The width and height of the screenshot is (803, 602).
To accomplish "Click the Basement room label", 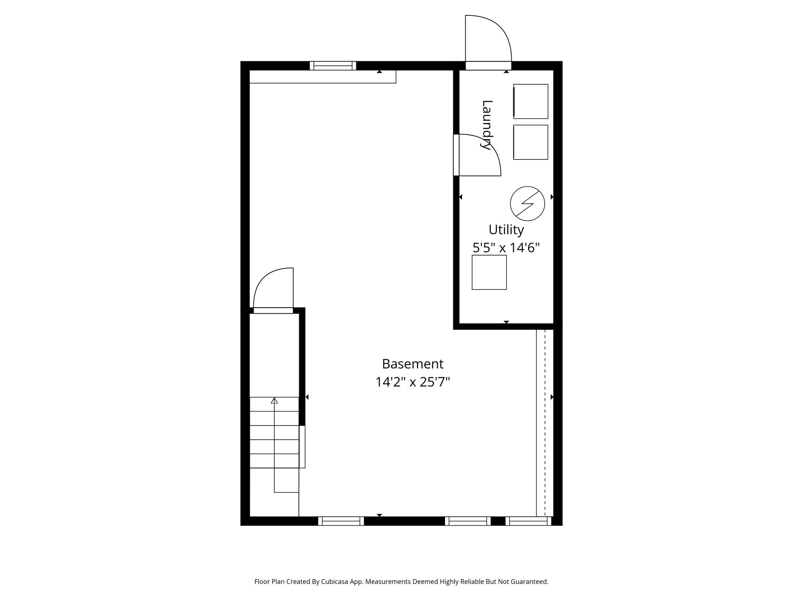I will pyautogui.click(x=412, y=364).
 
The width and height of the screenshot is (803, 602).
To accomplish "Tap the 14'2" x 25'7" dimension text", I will pyautogui.click(x=412, y=382).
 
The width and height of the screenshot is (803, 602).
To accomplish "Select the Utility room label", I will pyautogui.click(x=506, y=230).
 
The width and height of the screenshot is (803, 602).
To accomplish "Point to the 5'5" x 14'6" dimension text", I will pyautogui.click(x=506, y=248).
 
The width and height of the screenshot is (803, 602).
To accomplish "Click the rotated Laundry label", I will pyautogui.click(x=487, y=125).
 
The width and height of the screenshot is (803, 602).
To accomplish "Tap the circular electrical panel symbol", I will pyautogui.click(x=527, y=203).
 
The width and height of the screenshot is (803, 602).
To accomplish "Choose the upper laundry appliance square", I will pyautogui.click(x=530, y=101).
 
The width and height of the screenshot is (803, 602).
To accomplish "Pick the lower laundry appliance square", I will pyautogui.click(x=530, y=142).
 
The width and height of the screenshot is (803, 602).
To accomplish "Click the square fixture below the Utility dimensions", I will pyautogui.click(x=489, y=272).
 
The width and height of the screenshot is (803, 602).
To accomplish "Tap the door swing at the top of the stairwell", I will pyautogui.click(x=274, y=290).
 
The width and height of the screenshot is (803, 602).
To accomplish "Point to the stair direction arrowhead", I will pyautogui.click(x=274, y=401).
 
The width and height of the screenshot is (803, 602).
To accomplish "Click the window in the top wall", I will pyautogui.click(x=333, y=65).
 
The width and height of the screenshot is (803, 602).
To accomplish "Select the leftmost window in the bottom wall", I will pyautogui.click(x=341, y=521).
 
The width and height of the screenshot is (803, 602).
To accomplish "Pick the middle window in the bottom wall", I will pyautogui.click(x=468, y=521).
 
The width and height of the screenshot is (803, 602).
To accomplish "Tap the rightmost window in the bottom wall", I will pyautogui.click(x=528, y=521).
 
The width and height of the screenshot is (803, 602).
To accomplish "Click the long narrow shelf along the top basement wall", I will pyautogui.click(x=322, y=77).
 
